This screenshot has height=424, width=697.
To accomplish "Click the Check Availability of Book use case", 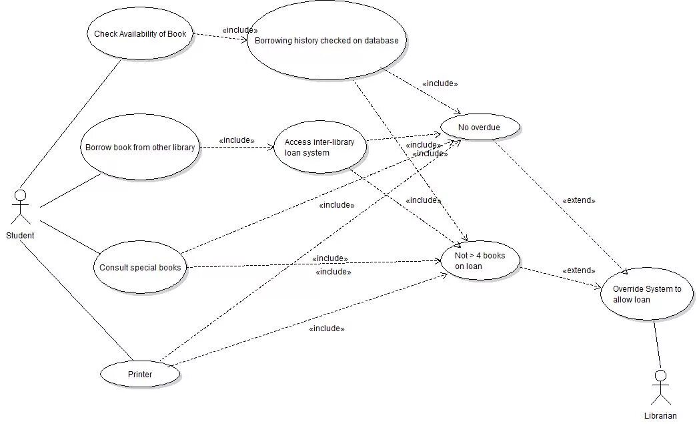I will coord(140,34).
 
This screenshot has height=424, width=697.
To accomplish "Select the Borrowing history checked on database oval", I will coord(327,41).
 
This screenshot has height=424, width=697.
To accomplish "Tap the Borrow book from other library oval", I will coord(140,147).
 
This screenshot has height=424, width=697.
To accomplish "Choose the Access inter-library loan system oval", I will coord(320,147).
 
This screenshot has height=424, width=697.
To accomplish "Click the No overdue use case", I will coord(479,128).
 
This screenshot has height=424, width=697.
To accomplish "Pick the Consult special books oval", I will coord(140,267).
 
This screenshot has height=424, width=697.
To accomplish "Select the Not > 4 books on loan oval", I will coord(480,260).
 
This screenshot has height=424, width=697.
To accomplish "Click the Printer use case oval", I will coord(140,374).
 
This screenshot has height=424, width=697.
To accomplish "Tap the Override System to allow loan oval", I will coord(647,294).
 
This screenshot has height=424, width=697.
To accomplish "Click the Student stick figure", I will coord(21,207).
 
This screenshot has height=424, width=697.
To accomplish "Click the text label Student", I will coord(20,236).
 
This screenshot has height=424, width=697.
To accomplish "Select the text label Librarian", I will coord(660,416).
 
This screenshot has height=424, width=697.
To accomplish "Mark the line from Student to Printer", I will coord(77,298).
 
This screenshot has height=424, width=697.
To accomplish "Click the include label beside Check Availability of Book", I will coord(239,30).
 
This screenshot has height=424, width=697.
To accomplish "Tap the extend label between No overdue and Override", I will coord(579,200).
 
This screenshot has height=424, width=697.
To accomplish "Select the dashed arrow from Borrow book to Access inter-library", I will coord(237,147).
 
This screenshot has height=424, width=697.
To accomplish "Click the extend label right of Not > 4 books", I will coord(579,270).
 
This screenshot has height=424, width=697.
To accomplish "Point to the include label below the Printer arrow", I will coord(327,329).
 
